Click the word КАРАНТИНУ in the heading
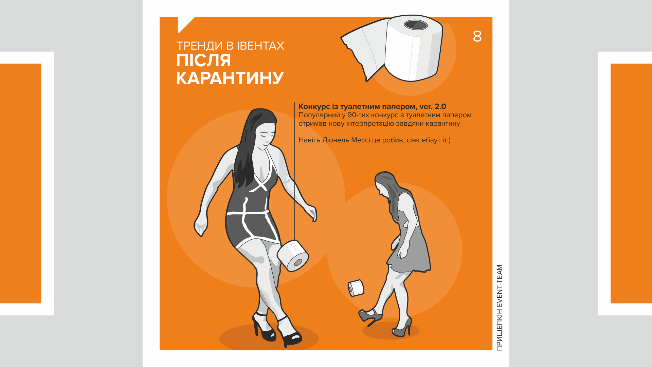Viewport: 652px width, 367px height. click(x=230, y=78)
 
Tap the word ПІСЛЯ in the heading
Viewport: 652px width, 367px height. click(x=203, y=60)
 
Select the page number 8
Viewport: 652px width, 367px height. click(x=477, y=36)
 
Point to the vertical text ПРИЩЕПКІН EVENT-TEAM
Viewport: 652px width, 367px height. click(x=499, y=308)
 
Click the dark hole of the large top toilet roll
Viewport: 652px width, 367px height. click(x=416, y=24)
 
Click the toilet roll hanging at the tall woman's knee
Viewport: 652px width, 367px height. click(x=293, y=256)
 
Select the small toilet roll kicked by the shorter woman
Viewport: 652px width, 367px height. click(x=356, y=288)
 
